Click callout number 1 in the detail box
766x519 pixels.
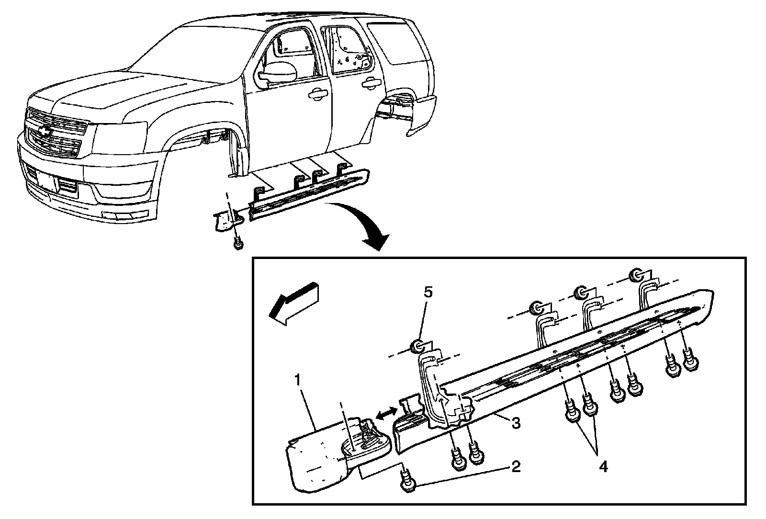click(297, 382)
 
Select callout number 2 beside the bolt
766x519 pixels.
click(515, 466)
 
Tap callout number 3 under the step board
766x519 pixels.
click(515, 423)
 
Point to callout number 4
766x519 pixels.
click(603, 466)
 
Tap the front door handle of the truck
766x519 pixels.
click(316, 94)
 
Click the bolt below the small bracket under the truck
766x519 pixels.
click(237, 244)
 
